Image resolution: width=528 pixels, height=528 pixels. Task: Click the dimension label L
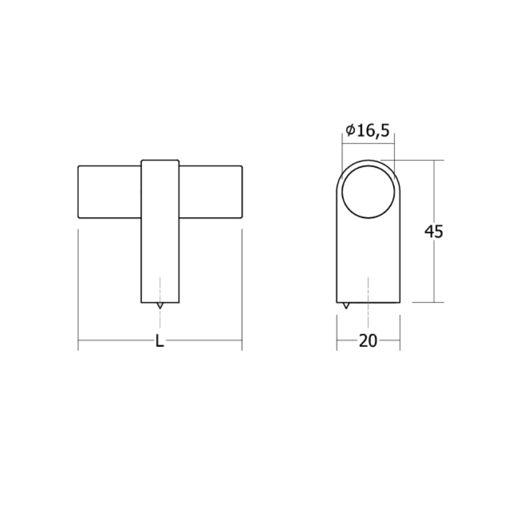point(160,340)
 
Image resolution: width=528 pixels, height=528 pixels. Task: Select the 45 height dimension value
point(434,232)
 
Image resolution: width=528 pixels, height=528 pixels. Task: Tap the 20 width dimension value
point(368,340)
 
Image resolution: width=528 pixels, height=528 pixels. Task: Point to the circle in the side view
point(368,191)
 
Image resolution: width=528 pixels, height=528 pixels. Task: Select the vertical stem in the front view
point(160,248)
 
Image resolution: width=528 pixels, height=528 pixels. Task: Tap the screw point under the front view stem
point(160,306)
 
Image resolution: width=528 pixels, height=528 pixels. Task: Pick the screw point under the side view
point(346,306)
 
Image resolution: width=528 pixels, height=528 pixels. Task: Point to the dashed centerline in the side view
point(368,292)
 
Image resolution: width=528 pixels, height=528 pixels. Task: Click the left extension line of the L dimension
point(78,286)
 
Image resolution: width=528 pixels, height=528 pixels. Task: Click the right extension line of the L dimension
point(242,286)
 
